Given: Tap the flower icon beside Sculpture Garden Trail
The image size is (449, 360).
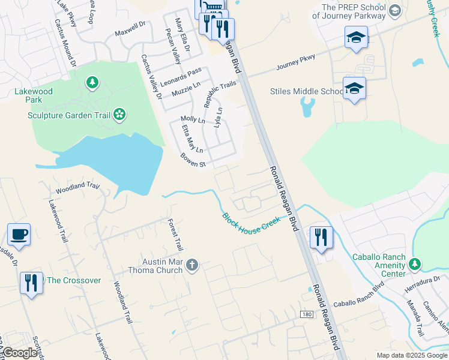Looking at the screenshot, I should pyautogui.click(x=120, y=114).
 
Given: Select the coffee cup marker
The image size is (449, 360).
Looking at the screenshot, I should pyautogui.click(x=19, y=235).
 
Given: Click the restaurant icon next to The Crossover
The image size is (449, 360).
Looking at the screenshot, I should pyautogui.click(x=31, y=282).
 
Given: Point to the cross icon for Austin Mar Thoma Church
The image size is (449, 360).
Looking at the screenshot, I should pyautogui.click(x=192, y=265).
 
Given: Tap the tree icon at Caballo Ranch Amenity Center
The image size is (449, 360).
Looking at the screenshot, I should pyautogui.click(x=414, y=263).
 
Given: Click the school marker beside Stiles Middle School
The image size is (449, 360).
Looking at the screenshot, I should pyautogui.click(x=354, y=89).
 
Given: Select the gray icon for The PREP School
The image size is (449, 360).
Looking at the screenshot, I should pyautogui.click(x=394, y=10).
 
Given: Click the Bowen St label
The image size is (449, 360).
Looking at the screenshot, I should pyautogui.click(x=193, y=160).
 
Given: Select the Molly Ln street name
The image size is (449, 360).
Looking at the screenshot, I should pyautogui.click(x=193, y=120).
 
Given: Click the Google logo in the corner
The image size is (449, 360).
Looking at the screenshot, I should pyautogui.click(x=20, y=353).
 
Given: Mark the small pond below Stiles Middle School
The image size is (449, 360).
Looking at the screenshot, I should pyautogui.click(x=307, y=107).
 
